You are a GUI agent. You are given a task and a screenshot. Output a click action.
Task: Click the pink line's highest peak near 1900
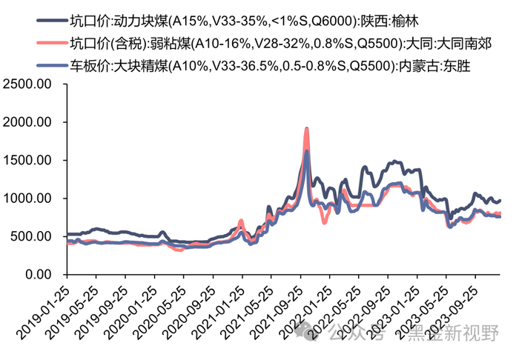pos(307,129)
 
